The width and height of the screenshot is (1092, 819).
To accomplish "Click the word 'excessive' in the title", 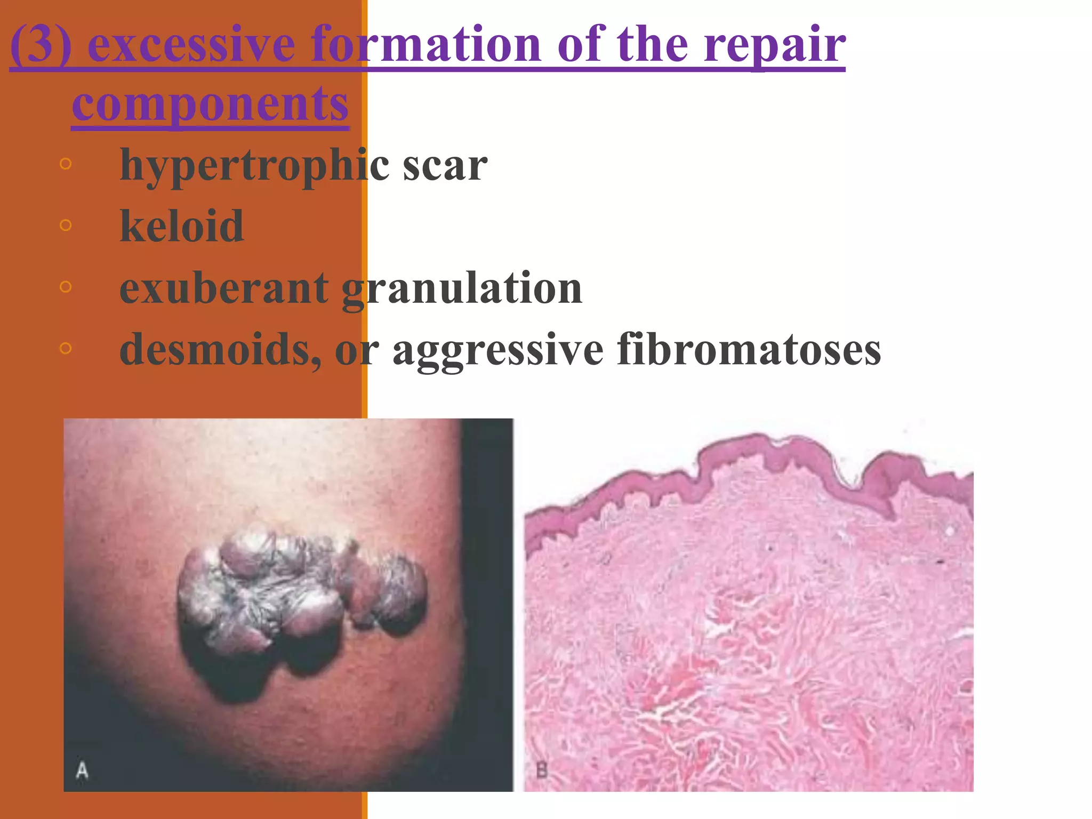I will tap(191, 45).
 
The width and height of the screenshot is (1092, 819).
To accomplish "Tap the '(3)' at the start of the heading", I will tap(41, 45).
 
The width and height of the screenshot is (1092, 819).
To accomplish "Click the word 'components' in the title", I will tap(210, 103).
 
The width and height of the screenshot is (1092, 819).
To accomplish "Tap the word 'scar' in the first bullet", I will tap(445, 166).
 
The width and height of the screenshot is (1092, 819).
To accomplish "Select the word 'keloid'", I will tap(182, 226).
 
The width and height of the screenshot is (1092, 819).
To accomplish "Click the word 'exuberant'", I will tap(223, 288).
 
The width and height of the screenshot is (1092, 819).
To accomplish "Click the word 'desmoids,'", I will tap(220, 350).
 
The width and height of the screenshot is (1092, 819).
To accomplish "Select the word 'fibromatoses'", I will tap(749, 350).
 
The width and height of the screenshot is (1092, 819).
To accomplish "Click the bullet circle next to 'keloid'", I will tap(66, 225).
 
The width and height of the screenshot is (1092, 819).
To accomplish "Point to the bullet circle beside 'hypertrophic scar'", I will tap(66, 164).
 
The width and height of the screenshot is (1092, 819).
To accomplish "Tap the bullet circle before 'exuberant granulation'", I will tap(66, 287).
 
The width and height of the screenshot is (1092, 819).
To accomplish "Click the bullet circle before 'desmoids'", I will tap(66, 349).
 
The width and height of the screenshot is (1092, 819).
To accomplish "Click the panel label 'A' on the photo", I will tap(82, 770).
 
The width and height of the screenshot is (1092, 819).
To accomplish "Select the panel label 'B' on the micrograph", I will tap(541, 770).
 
